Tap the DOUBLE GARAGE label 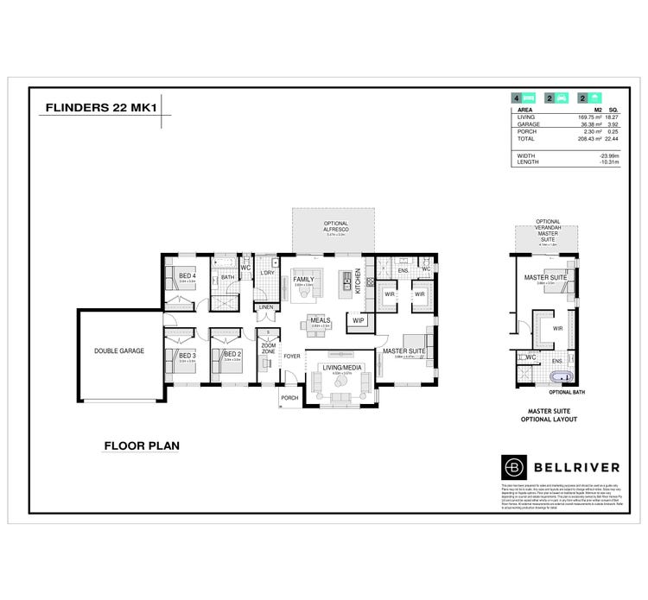pyautogui.click(x=119, y=351)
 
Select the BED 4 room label pyautogui.click(x=187, y=275)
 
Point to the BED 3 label pyautogui.click(x=187, y=355)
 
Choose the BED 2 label pyautogui.click(x=231, y=355)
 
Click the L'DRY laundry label pyautogui.click(x=267, y=273)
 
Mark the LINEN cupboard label pyautogui.click(x=266, y=306)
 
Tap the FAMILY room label pyautogui.click(x=303, y=280)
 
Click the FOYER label pyautogui.click(x=292, y=355)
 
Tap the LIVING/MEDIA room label pyautogui.click(x=340, y=369)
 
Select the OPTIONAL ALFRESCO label pyautogui.click(x=334, y=226)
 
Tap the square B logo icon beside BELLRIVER pyautogui.click(x=513, y=467)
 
